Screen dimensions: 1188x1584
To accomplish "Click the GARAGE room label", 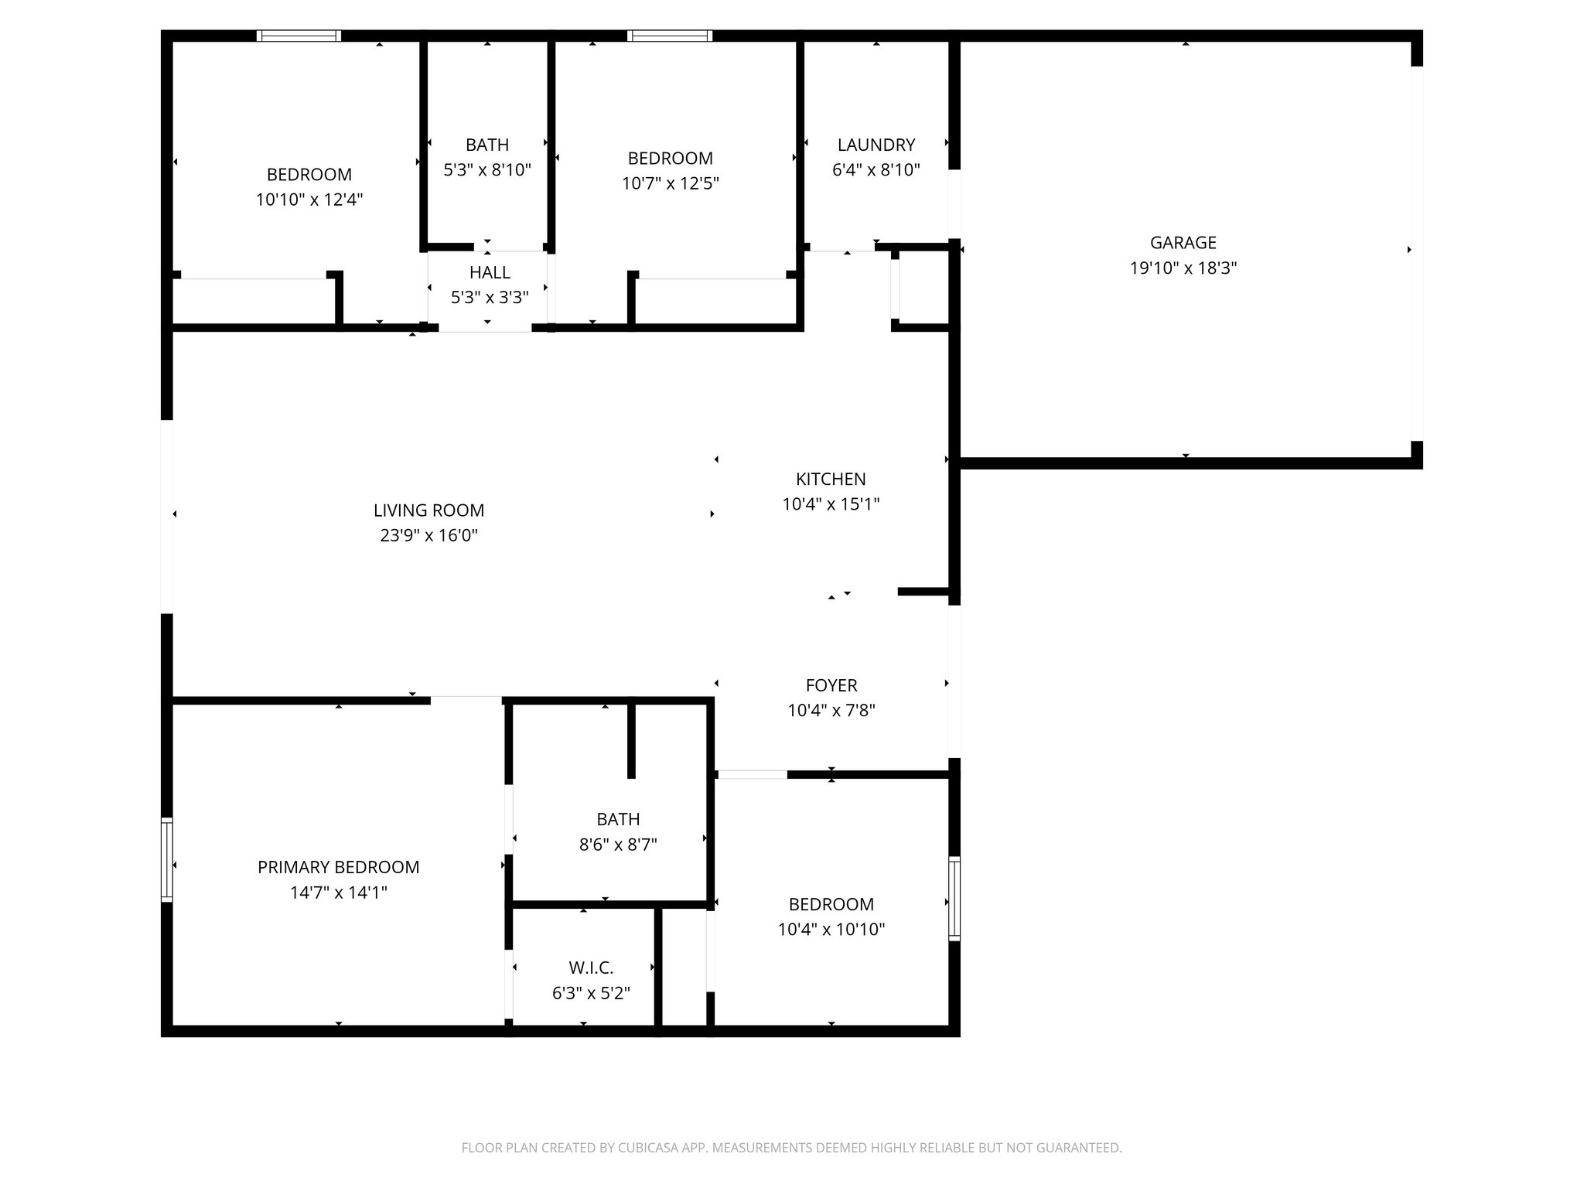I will click(1183, 243).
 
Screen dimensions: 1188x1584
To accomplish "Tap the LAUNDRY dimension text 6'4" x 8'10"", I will click(876, 170).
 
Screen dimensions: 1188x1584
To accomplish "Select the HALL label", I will click(490, 272).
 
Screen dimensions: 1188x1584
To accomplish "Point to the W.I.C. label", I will click(591, 968).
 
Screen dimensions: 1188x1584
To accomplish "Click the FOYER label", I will click(831, 685).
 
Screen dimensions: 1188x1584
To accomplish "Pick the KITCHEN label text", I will click(831, 479).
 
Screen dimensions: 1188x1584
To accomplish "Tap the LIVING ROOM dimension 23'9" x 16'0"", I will click(428, 535).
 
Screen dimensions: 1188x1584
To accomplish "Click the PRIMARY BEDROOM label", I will click(338, 867).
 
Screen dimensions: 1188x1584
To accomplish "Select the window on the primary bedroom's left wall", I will click(166, 859).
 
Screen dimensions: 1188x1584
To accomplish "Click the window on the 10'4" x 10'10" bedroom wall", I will click(954, 899).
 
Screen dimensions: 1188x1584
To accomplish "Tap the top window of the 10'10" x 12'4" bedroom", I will click(299, 36).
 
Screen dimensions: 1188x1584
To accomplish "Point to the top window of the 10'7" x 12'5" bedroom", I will click(669, 36).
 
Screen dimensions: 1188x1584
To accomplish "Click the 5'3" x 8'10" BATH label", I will click(487, 145).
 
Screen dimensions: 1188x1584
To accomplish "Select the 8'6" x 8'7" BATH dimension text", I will click(618, 845).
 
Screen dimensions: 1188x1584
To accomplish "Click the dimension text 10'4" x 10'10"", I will click(831, 930).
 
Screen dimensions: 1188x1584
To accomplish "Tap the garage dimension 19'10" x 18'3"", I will click(1183, 268).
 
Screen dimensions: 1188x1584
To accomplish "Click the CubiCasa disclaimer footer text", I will click(791, 1148).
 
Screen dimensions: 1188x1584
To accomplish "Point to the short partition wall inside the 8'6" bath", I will click(631, 739).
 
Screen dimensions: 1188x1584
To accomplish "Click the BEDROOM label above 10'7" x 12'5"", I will click(671, 159).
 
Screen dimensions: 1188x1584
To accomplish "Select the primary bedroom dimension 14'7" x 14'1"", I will click(338, 893).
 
